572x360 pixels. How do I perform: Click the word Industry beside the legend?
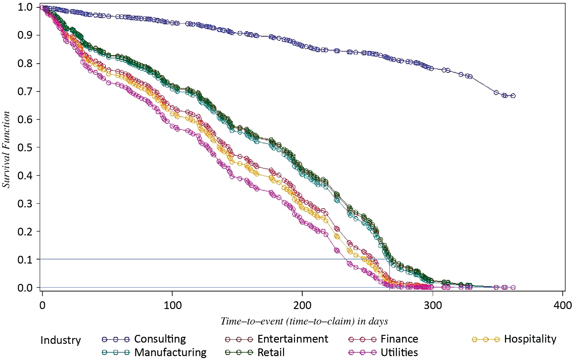61,340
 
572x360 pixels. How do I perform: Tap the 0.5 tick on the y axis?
25,147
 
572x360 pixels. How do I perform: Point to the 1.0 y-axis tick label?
25,7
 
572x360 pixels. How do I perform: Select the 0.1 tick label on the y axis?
25,260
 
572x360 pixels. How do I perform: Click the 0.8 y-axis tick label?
25,63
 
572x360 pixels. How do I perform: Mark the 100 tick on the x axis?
173,305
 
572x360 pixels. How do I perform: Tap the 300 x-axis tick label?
433,305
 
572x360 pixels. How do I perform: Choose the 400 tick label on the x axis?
563,305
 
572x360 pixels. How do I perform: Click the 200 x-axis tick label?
302,305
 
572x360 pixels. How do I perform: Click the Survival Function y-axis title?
6,149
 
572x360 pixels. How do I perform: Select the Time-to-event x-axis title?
304,321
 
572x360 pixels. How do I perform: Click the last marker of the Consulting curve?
513,96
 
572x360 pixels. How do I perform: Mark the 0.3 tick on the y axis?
25,204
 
